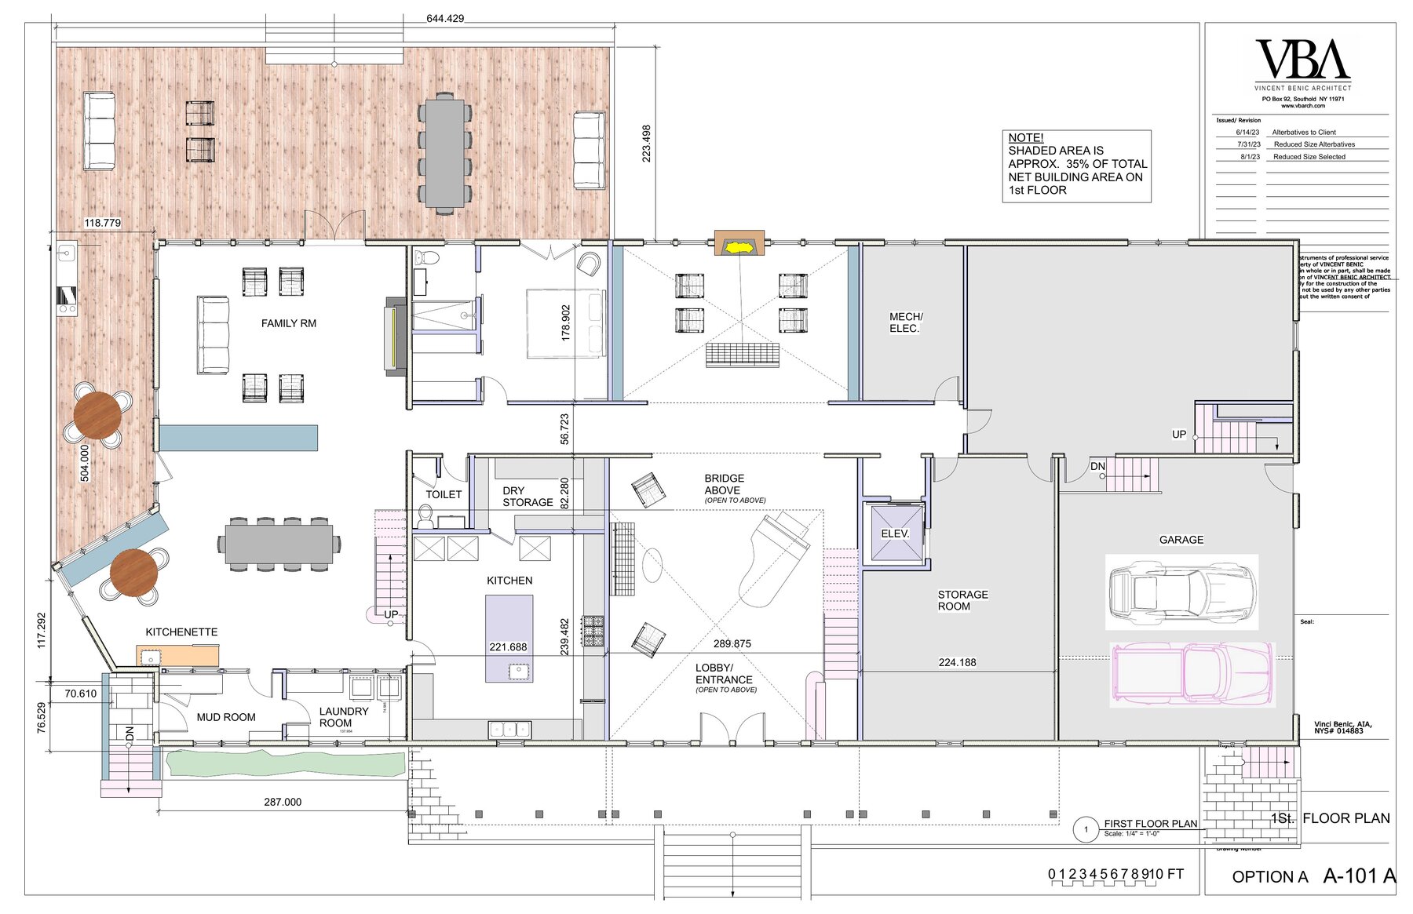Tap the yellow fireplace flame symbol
pyautogui.click(x=739, y=248)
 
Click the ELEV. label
pyautogui.click(x=895, y=533)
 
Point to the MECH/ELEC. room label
pyautogui.click(x=905, y=322)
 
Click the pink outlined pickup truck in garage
pyautogui.click(x=1192, y=672)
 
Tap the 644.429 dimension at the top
pyautogui.click(x=445, y=18)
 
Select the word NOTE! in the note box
pyautogui.click(x=1025, y=137)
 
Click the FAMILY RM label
pyautogui.click(x=288, y=323)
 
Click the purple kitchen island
pyautogui.click(x=509, y=638)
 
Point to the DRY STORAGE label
pyautogui.click(x=527, y=497)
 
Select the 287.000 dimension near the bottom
pyautogui.click(x=282, y=802)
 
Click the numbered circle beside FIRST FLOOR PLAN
pyautogui.click(x=1086, y=829)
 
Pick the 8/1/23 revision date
pyautogui.click(x=1250, y=157)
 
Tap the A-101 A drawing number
pyautogui.click(x=1359, y=876)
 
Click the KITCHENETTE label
pyautogui.click(x=181, y=632)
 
